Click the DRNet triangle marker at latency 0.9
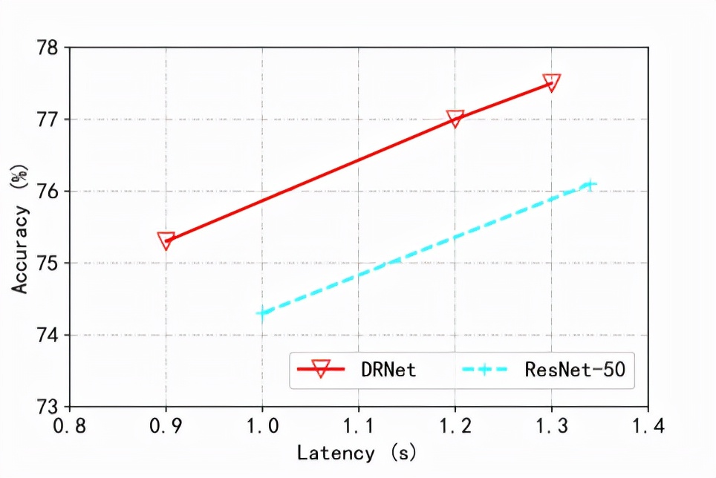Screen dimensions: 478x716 [166, 240]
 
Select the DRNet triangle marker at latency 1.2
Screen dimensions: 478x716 [455, 118]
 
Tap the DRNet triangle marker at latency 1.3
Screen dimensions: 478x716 [551, 82]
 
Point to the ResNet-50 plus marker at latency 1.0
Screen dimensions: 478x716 [262, 313]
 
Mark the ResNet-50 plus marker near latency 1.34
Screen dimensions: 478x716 [590, 184]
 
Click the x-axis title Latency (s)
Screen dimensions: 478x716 [357, 452]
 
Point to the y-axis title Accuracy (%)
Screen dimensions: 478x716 [20, 226]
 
